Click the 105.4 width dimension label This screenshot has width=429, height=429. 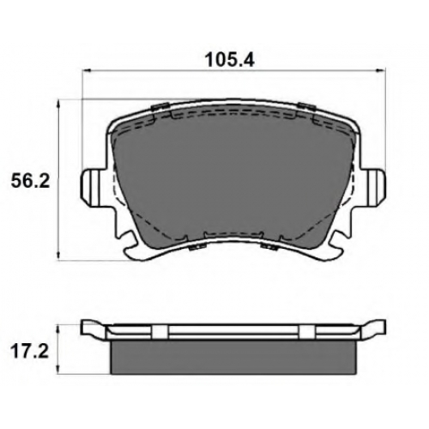(x=230, y=60)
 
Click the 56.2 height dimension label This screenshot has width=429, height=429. (x=30, y=180)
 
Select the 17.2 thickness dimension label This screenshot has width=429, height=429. (x=29, y=352)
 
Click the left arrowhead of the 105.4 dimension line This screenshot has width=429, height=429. (x=87, y=70)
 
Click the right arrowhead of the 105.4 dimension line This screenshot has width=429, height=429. (x=382, y=70)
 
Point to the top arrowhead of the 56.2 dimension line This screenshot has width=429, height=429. (x=58, y=104)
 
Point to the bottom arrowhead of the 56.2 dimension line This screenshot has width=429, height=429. (x=58, y=256)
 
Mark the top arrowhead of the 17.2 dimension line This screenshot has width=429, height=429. (x=58, y=329)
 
